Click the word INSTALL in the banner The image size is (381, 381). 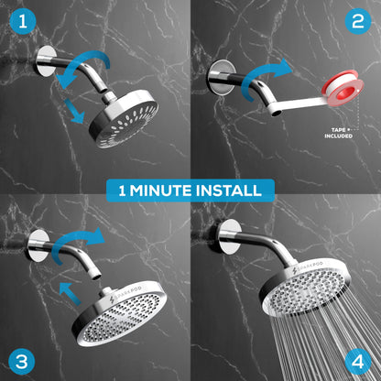228,190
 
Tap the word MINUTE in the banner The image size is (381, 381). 161,190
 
